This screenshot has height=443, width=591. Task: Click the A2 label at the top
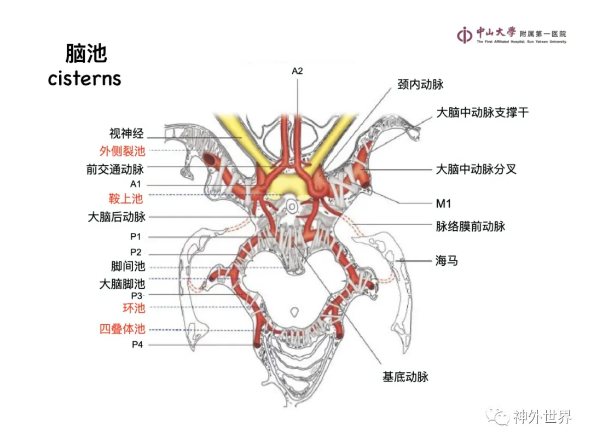[x=297, y=71]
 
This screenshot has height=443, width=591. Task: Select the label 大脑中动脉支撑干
[x=482, y=113]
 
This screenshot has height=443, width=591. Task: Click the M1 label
[x=443, y=204]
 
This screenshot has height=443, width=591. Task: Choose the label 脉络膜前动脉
[x=470, y=226]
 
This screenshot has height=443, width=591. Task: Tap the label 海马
[x=447, y=261]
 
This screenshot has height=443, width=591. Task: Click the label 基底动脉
[x=405, y=376]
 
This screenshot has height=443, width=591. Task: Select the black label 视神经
[x=126, y=133]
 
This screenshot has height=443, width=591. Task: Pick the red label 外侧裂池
[x=122, y=151]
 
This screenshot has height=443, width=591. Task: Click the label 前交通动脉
[x=115, y=169]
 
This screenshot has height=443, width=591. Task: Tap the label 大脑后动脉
[x=117, y=217]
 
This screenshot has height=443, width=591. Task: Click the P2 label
[x=136, y=252]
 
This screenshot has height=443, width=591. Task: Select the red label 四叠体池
[x=122, y=329]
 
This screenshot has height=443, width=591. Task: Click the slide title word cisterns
[x=84, y=78]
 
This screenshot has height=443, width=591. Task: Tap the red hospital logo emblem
[x=465, y=34]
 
